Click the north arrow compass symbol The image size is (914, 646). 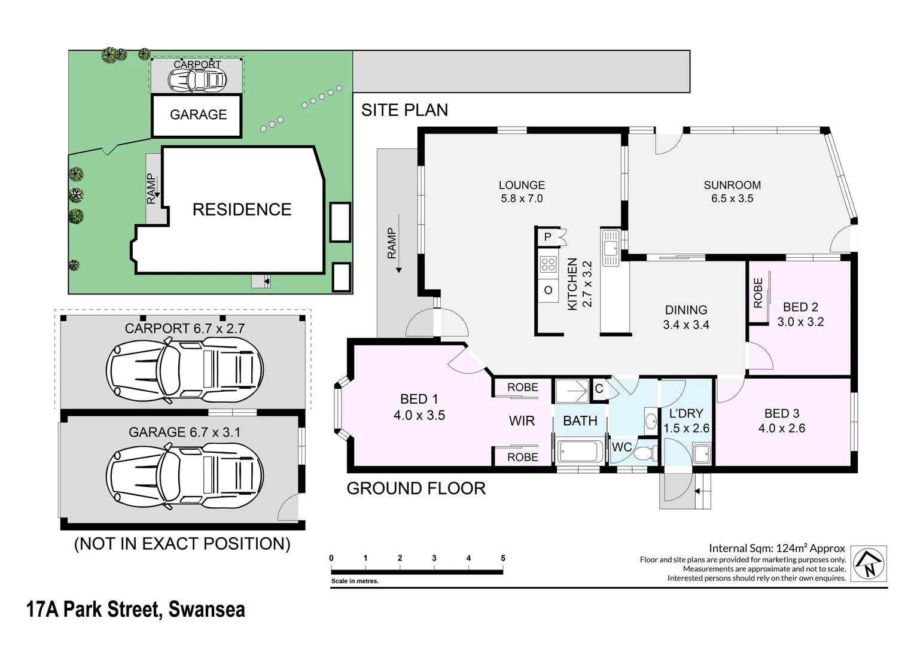coord(869,563)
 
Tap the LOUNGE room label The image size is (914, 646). coord(522,185)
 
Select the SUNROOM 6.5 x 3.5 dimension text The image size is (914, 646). coord(732,199)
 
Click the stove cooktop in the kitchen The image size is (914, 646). coord(548,264)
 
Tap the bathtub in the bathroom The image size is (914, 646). coord(580,451)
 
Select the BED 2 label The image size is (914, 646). coord(800,307)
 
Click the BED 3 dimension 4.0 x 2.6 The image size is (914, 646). coord(782,428)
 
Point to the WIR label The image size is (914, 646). coord(522,421)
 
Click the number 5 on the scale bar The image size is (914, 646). coord(503,558)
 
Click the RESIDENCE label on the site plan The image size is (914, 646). coord(242,209)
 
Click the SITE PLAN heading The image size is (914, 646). coord(404,110)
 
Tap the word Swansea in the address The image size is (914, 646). coord(207,610)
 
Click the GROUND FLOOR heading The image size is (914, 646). coord(416,489)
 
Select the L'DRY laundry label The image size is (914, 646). coord(686,413)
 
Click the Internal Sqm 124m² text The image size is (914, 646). coord(776,548)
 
